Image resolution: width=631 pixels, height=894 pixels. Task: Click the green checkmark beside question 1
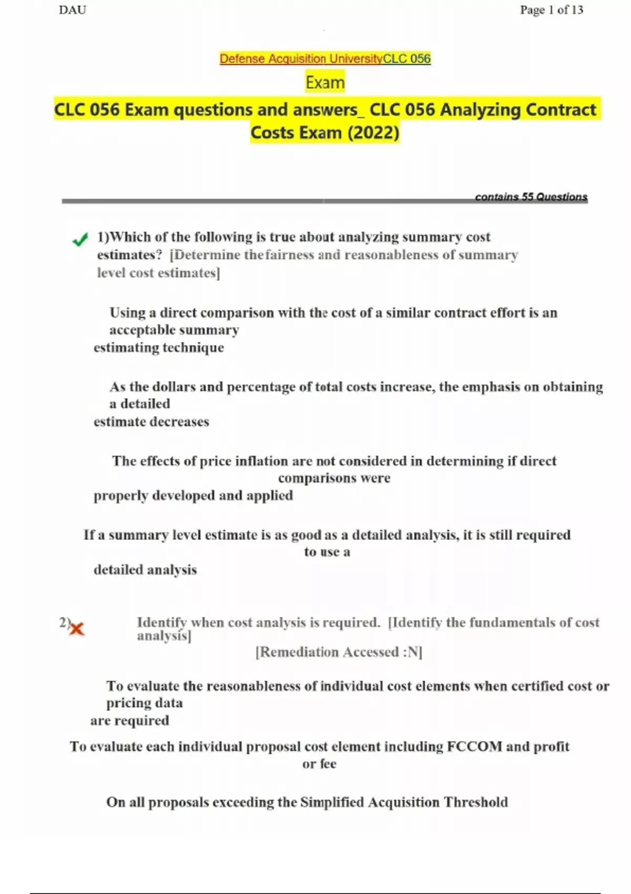click(80, 240)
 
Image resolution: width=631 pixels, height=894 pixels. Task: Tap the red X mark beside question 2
click(77, 628)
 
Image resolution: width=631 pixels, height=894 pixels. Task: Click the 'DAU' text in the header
click(73, 10)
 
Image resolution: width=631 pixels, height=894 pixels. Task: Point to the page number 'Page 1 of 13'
click(551, 10)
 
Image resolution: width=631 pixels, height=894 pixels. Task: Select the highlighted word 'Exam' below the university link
click(325, 83)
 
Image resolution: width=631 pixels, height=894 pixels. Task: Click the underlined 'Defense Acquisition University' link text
click(301, 59)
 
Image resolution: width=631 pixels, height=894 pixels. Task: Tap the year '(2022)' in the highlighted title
click(373, 133)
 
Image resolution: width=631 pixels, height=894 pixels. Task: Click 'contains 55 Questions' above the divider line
click(531, 197)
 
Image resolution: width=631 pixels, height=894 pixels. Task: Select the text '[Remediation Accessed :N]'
click(339, 652)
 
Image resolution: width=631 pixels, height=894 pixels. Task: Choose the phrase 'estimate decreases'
click(151, 422)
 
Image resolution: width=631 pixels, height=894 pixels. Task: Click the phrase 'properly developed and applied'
click(193, 496)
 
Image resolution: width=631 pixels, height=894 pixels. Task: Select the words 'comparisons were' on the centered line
click(334, 478)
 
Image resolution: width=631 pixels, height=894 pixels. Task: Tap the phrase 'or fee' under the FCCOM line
click(319, 764)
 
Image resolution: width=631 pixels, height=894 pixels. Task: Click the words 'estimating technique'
click(159, 348)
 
